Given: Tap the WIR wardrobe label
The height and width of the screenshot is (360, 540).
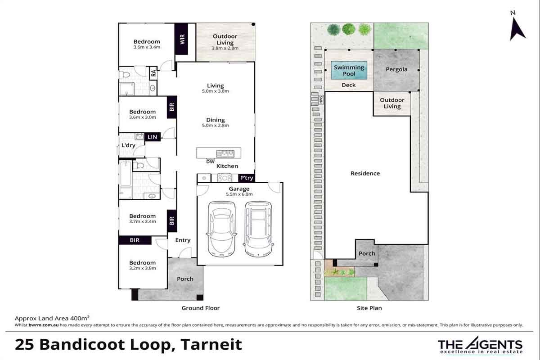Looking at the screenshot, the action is tap(182, 39).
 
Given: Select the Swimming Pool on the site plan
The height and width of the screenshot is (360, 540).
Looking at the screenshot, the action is tap(349, 70).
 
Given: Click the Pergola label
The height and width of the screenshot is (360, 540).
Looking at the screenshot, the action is tap(396, 69).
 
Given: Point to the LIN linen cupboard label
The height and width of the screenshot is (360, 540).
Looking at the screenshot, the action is tap(153, 137).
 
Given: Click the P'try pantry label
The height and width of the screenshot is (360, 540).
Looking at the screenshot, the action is tap(247, 178).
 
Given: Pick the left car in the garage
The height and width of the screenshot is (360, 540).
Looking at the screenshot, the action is tap(221, 229).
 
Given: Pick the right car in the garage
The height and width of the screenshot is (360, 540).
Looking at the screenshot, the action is tap(258, 229).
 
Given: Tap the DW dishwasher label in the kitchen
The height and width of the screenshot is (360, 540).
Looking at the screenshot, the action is tap(210, 162).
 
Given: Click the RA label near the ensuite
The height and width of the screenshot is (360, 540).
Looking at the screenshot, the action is tap(153, 73).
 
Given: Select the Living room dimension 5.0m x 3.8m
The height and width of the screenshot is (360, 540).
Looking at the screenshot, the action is tap(215, 91).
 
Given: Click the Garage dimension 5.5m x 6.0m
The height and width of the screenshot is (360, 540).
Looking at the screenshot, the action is tap(239, 194).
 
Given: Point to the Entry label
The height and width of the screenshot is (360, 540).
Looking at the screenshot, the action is tap(183, 240).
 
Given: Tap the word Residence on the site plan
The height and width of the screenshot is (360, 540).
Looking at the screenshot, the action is tap(365, 173).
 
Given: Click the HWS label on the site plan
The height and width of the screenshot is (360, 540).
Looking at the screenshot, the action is tap(321, 100).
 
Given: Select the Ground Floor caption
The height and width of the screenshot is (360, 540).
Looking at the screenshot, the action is tap(201, 308).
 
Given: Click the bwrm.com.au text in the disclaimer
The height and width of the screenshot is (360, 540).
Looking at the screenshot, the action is tap(43, 325).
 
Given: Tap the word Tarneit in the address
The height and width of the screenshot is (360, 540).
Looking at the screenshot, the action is tap(211, 344).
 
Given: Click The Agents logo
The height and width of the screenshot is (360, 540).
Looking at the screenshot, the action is tap(480, 345).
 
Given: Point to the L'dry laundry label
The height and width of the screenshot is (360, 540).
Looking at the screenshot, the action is tap(128, 145).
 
